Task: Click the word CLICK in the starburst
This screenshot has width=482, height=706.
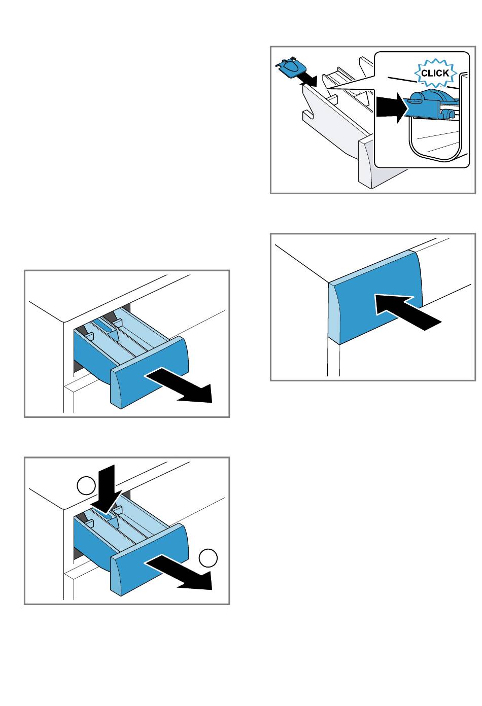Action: [435, 73]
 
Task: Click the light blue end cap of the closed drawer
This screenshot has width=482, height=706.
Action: [333, 314]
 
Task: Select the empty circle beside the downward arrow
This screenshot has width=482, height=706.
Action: [87, 485]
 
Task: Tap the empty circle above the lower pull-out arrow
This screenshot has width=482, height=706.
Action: [208, 558]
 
